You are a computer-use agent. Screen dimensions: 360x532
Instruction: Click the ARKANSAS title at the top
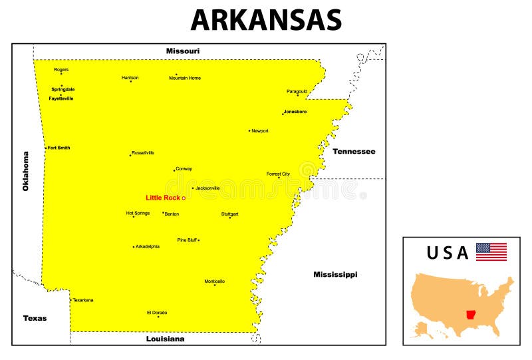(x=266, y=21)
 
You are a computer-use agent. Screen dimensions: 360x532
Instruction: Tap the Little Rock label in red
(x=163, y=198)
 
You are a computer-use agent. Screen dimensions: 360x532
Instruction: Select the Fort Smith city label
(x=59, y=148)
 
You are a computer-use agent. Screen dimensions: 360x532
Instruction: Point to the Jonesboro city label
(x=295, y=112)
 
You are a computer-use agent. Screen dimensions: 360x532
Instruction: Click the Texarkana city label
(x=83, y=300)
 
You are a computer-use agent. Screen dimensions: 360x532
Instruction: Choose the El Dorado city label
(x=157, y=312)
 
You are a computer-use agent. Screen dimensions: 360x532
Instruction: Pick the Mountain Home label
(x=185, y=79)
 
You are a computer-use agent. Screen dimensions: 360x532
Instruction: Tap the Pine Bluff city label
(x=187, y=240)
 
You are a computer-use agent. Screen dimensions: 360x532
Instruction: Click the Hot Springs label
(x=138, y=213)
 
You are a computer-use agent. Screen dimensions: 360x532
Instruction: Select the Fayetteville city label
(x=61, y=98)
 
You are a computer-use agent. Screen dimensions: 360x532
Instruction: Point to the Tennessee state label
(x=354, y=151)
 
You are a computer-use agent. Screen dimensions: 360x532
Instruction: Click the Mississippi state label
(x=335, y=274)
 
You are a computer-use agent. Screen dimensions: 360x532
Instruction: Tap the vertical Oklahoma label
(x=26, y=171)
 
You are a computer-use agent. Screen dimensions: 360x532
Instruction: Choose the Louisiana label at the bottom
(x=166, y=339)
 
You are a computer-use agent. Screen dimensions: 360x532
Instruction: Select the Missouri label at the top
(x=183, y=51)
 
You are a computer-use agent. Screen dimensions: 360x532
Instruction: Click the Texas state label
(x=35, y=318)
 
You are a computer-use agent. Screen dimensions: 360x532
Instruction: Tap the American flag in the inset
(x=491, y=252)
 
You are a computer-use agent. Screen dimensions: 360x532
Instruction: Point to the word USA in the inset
(x=448, y=253)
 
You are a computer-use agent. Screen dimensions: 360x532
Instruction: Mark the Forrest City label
(x=278, y=174)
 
